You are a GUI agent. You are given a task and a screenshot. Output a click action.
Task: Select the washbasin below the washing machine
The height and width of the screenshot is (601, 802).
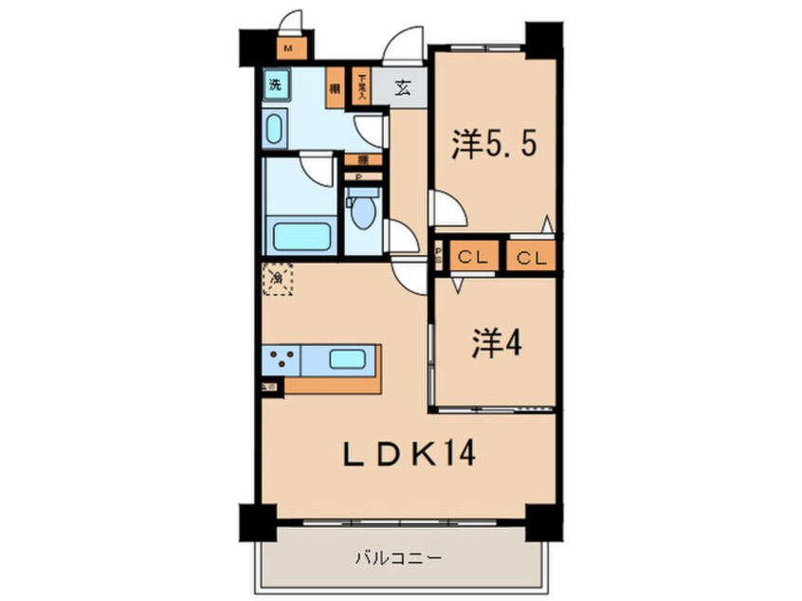click(275, 128)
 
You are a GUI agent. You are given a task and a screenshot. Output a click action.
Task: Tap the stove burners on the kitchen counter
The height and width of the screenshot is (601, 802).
click(281, 360)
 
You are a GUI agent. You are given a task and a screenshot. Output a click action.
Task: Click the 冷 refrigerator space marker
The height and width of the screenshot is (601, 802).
click(277, 279)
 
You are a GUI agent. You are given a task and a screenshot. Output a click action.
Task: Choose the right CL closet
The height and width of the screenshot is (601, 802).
click(531, 256)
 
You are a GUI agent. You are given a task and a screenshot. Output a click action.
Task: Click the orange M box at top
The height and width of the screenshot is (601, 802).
click(287, 49)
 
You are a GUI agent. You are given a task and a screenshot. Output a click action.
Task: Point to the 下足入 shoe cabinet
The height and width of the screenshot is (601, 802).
click(360, 86)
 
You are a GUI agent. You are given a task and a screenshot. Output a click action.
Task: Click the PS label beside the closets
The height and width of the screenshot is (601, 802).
click(438, 256)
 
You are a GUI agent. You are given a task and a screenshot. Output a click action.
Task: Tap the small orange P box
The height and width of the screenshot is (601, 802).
click(361, 176)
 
